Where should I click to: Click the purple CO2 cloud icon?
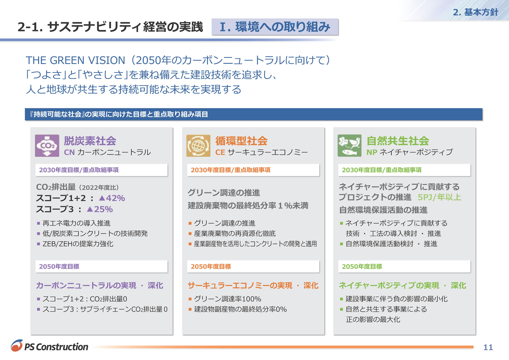coord(47,146)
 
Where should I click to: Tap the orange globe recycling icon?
coord(198,146)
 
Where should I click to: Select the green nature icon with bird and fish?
coord(349,146)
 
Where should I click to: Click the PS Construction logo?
coord(50,346)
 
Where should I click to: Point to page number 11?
coord(488,347)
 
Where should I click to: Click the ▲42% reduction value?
coord(112,198)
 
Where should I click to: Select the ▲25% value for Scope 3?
coord(100,209)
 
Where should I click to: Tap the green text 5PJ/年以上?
coord(439,197)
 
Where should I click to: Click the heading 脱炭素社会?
coord(90,141)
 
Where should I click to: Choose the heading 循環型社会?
coord(241,141)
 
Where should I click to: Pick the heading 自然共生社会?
coord(398,141)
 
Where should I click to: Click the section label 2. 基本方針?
coord(476,12)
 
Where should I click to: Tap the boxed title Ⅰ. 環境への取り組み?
coord(275,27)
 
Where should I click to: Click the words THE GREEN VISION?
coord(75,60)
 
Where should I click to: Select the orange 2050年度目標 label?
coord(211,267)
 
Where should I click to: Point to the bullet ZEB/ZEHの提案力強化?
coord(78,244)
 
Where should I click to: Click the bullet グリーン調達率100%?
coord(227,299)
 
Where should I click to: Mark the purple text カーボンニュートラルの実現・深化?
coord(100,285)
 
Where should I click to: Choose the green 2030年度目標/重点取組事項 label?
coord(382,170)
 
